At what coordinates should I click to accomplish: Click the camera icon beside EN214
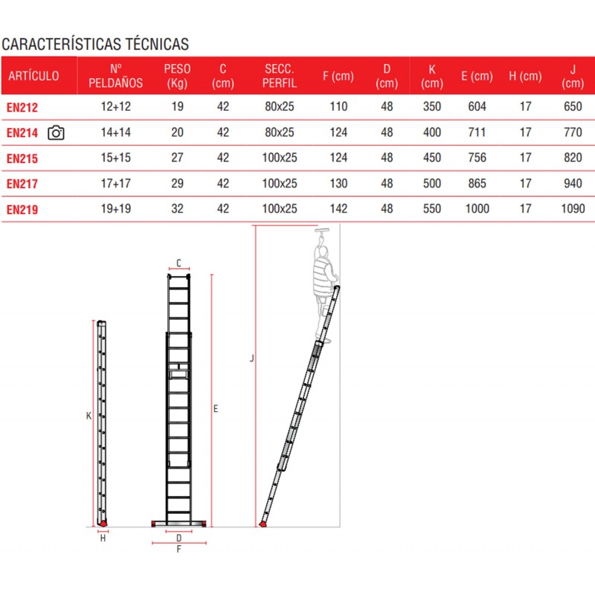(x=56, y=133)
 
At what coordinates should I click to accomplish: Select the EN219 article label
(x=22, y=210)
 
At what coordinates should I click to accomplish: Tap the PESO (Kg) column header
(x=177, y=76)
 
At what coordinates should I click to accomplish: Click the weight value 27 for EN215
(x=177, y=158)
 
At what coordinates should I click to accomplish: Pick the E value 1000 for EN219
(x=477, y=209)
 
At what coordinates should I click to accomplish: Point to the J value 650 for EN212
(x=573, y=106)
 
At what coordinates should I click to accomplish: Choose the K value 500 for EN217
(x=432, y=184)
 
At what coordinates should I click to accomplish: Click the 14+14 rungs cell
(x=116, y=132)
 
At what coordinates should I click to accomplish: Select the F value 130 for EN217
(x=338, y=184)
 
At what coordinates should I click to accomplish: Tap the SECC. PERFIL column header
(x=280, y=76)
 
